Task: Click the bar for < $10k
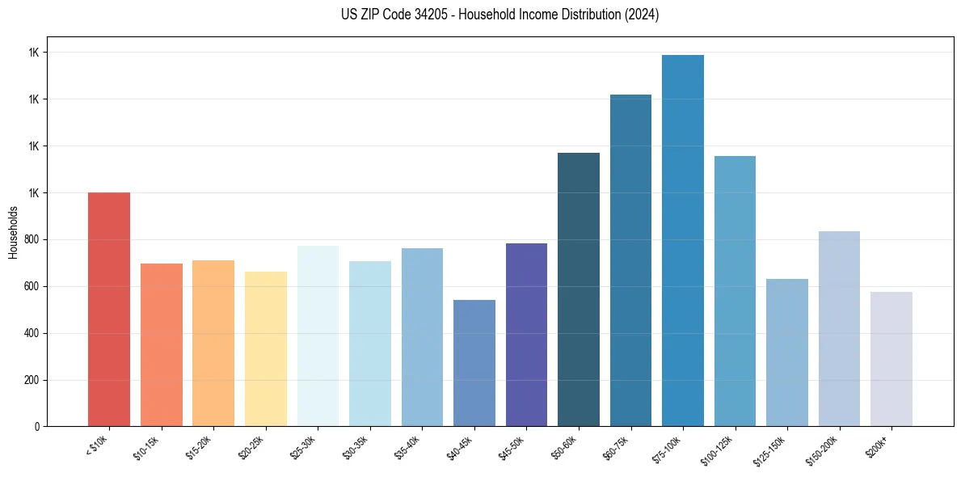click(x=109, y=309)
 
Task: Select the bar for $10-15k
click(x=161, y=344)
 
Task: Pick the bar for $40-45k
click(x=474, y=363)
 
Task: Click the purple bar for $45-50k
click(x=526, y=335)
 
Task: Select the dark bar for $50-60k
click(x=579, y=289)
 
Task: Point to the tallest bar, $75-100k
click(x=683, y=240)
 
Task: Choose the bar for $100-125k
click(x=735, y=291)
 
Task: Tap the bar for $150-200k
click(x=839, y=328)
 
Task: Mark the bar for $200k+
click(x=891, y=359)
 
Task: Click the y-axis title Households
click(x=13, y=232)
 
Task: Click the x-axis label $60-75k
click(x=617, y=447)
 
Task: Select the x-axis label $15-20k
click(x=200, y=447)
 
